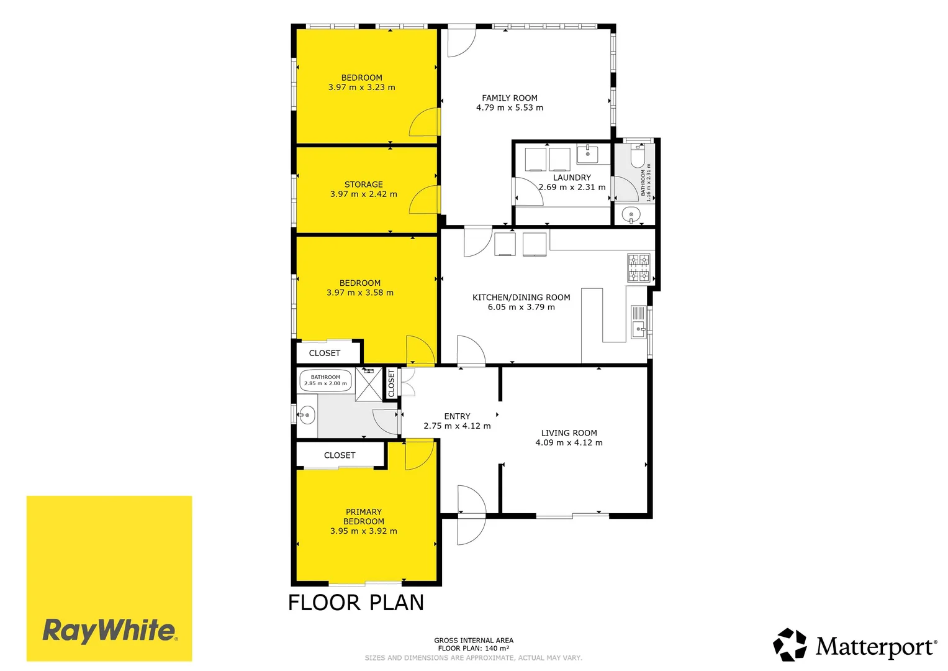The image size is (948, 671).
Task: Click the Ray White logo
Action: [x=109, y=578]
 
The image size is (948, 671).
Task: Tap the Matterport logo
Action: [x=854, y=645]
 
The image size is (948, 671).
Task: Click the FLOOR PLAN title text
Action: [x=356, y=603]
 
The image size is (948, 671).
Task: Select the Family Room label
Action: [x=510, y=98]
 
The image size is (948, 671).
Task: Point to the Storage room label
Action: [x=364, y=185]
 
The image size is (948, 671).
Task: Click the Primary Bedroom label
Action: [x=364, y=516]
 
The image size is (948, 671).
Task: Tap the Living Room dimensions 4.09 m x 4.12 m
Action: [x=569, y=442]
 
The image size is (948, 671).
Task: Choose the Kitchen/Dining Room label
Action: [x=521, y=298]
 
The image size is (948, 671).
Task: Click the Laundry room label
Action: [x=572, y=178]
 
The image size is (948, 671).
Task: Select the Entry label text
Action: [x=457, y=416]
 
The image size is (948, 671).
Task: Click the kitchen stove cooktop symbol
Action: [x=639, y=268]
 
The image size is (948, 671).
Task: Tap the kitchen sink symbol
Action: [x=639, y=322]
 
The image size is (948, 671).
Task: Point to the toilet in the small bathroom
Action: [x=638, y=156]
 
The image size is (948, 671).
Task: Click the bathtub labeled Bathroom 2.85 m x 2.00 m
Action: [x=325, y=380]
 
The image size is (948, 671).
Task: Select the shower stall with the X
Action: [x=369, y=384]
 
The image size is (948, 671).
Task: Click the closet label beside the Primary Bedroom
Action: [x=340, y=455]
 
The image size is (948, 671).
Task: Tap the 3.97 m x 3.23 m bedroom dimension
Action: [x=362, y=87]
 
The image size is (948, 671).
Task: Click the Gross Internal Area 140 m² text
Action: [x=474, y=644]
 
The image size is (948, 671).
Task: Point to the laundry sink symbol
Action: [x=588, y=154]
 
